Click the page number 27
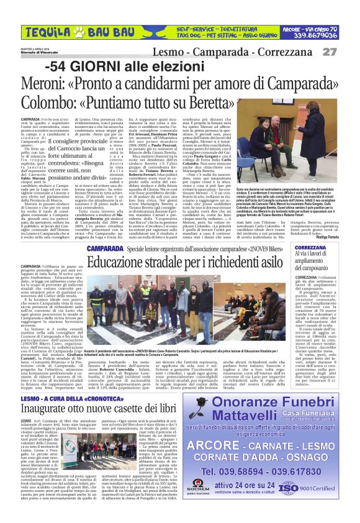coord(346,52)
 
